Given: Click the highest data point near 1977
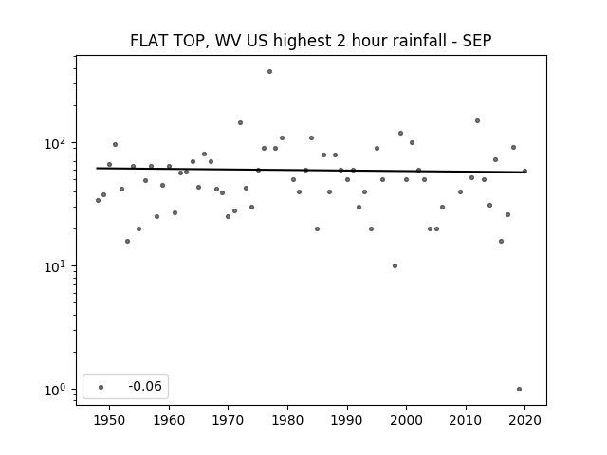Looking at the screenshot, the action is [269, 72].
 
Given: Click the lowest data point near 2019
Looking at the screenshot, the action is [519, 390].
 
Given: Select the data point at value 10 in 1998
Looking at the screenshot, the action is [395, 265].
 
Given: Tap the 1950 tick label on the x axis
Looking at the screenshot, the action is [110, 420].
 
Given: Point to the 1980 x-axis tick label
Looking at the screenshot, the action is [287, 420].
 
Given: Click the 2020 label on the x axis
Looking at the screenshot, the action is [524, 420].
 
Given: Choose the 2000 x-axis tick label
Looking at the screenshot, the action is [407, 420].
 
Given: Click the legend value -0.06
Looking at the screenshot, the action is [145, 386].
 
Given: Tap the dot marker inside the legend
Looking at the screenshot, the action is [101, 387].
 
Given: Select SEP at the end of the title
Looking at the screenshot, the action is [477, 41].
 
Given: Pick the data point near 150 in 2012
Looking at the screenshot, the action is [477, 120].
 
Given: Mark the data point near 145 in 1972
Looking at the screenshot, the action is [240, 122].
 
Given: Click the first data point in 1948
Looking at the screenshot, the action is [98, 200].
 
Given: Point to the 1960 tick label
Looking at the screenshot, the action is [169, 420].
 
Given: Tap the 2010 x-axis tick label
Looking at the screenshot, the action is [466, 420].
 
